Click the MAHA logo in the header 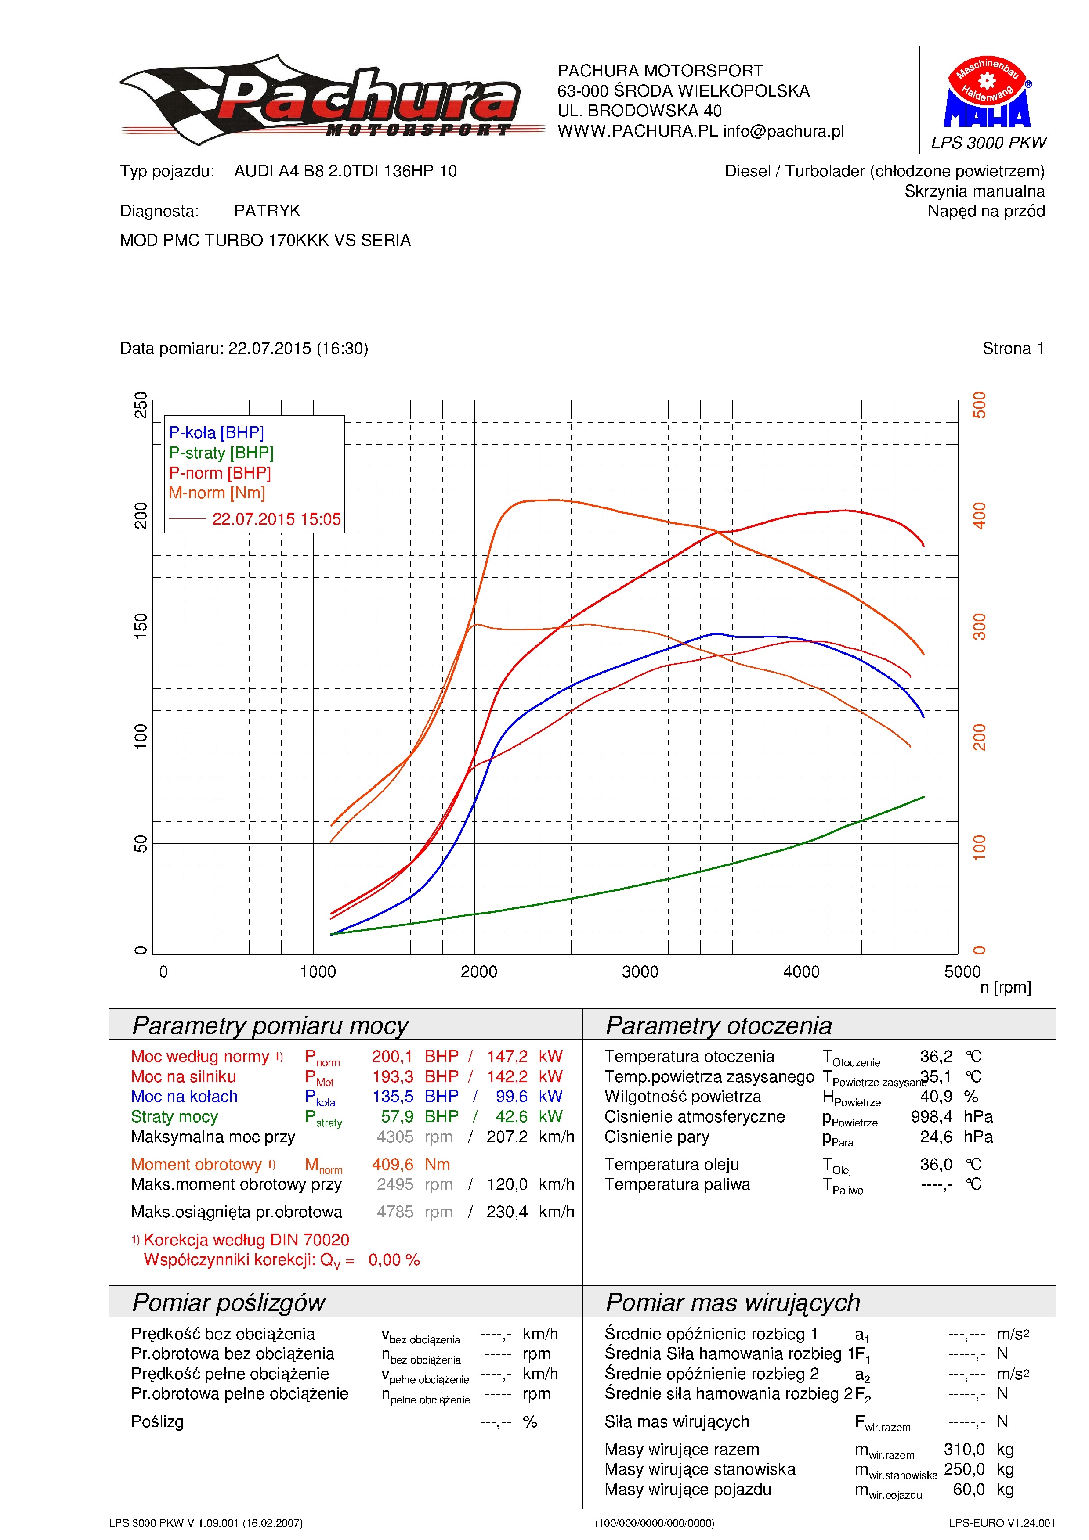987,91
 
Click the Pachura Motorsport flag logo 332,99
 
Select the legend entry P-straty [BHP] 221,453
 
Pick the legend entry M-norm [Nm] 217,493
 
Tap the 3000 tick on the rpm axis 640,972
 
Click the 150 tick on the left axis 140,626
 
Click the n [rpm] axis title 1005,987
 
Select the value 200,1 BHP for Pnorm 415,1056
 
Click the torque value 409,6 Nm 411,1164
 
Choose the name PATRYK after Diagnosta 267,211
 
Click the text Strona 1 1013,348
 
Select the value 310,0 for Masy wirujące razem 964,1450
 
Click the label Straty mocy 174,1117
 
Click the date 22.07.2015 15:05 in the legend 276,519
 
